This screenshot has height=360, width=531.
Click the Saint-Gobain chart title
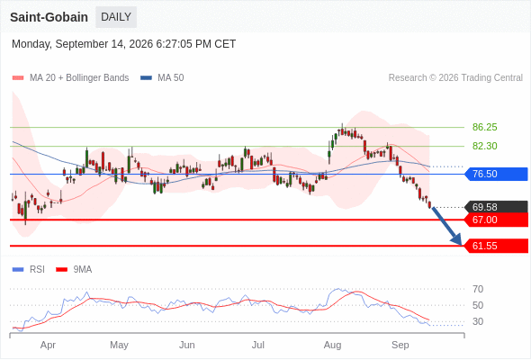pyautogui.click(x=49, y=17)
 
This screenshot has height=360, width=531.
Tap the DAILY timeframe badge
pyautogui.click(x=116, y=17)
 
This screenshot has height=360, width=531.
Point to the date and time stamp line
pyautogui.click(x=123, y=44)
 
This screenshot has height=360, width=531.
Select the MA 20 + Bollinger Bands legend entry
pyautogui.click(x=70, y=78)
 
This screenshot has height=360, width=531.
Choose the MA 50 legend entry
pyautogui.click(x=162, y=78)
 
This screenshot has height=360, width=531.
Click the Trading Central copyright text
pyautogui.click(x=455, y=78)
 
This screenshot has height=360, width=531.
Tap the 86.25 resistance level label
pyautogui.click(x=484, y=127)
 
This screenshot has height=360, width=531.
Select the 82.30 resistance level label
pyautogui.click(x=484, y=147)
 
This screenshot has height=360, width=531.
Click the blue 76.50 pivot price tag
pyautogui.click(x=496, y=174)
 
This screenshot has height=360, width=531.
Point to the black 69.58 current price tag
pyautogui.click(x=496, y=207)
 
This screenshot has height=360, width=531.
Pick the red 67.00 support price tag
pyautogui.click(x=496, y=220)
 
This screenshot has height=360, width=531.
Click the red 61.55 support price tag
pyautogui.click(x=496, y=246)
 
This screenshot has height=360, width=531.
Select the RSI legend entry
pyautogui.click(x=29, y=270)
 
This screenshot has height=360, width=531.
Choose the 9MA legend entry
pyautogui.click(x=74, y=270)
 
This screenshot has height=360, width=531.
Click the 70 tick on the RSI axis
pyautogui.click(x=478, y=289)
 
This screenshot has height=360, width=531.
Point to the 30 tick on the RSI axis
pyautogui.click(x=478, y=321)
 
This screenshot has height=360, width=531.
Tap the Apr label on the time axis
pyautogui.click(x=48, y=345)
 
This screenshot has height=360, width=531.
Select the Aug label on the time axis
pyautogui.click(x=332, y=345)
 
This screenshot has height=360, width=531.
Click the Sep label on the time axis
pyautogui.click(x=400, y=345)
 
